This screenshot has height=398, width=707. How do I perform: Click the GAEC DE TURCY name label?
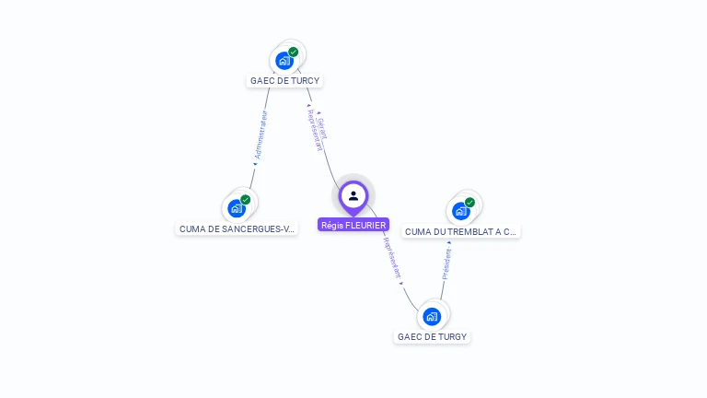click(284, 80)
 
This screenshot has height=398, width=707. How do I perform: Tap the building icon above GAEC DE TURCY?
click(284, 61)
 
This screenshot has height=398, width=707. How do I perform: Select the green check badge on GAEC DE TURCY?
click(294, 52)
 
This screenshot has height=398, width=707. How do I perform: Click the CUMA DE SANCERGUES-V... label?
click(237, 228)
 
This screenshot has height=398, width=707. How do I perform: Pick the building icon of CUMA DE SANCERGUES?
click(237, 208)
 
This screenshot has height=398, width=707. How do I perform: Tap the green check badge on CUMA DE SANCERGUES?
click(246, 199)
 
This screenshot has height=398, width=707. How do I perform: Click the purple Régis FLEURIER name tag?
click(353, 225)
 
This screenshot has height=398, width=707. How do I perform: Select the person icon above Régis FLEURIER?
click(353, 195)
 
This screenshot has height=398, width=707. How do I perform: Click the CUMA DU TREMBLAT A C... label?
click(461, 232)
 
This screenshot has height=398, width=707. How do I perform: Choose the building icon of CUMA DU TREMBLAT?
click(461, 211)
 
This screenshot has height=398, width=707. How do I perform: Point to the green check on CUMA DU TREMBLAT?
click(470, 202)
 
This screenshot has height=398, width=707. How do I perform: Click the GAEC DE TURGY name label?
click(432, 336)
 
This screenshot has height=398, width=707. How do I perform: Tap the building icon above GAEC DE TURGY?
click(432, 317)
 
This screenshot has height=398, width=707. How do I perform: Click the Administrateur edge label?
click(261, 135)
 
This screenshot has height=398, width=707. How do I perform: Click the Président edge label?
click(446, 263)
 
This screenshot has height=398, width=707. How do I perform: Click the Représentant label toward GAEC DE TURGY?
click(392, 259)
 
